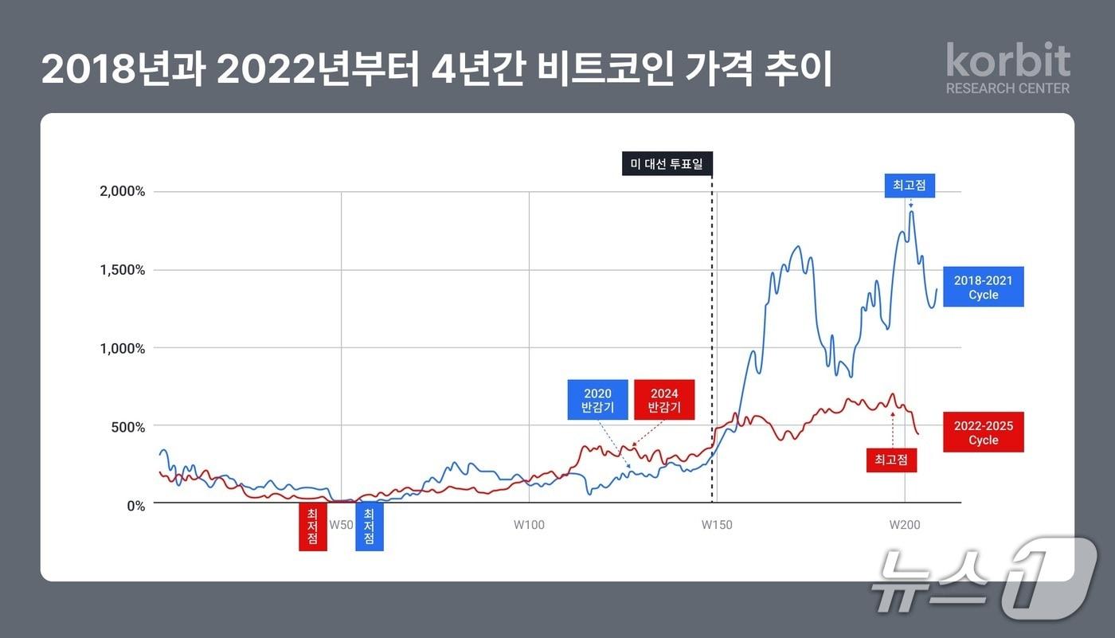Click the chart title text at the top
tap(436, 71)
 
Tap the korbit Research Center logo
tap(1007, 69)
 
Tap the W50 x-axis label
tap(341, 525)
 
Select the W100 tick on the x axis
tap(529, 525)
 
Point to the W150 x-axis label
tap(717, 525)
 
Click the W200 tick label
tap(905, 525)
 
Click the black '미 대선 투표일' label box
tap(667, 164)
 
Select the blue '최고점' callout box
tap(910, 186)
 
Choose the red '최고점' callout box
tap(891, 460)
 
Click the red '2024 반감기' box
tap(664, 400)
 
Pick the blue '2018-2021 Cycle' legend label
tap(983, 287)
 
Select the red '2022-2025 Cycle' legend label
tap(983, 433)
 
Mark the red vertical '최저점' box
tap(312, 526)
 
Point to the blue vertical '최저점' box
tap(369, 526)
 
